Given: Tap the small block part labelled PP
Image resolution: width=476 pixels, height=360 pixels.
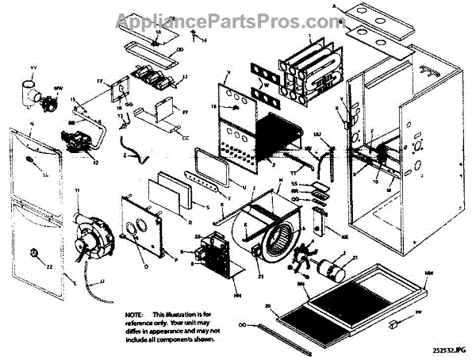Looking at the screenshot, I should tap(393, 324).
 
